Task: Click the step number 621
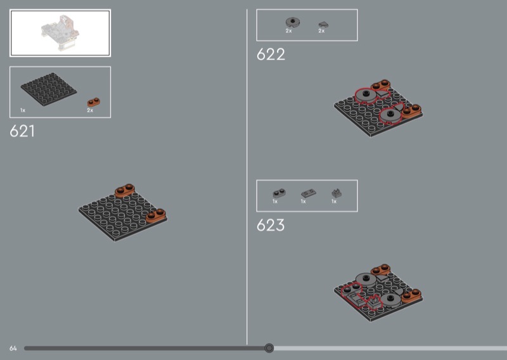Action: [22, 131]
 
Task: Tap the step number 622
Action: [271, 55]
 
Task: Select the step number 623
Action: [271, 225]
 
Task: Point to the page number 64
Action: [13, 349]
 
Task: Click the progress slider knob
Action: [269, 348]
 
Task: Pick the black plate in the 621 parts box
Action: [49, 89]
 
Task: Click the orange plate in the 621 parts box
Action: [93, 102]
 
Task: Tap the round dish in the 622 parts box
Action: [293, 22]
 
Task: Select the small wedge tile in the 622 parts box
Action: [323, 24]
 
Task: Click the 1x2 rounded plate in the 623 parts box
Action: [279, 193]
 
